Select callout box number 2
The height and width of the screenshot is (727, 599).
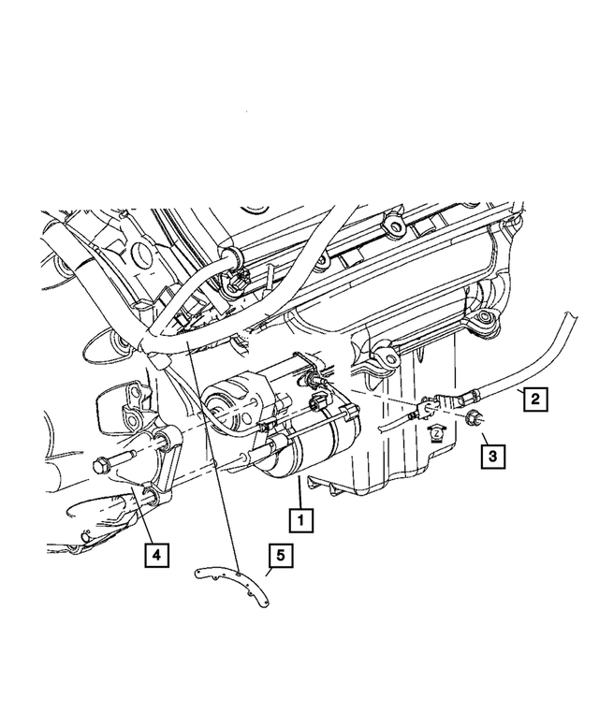(x=533, y=400)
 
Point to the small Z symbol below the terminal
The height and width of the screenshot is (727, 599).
(x=435, y=432)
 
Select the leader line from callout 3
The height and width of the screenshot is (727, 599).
(x=479, y=440)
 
